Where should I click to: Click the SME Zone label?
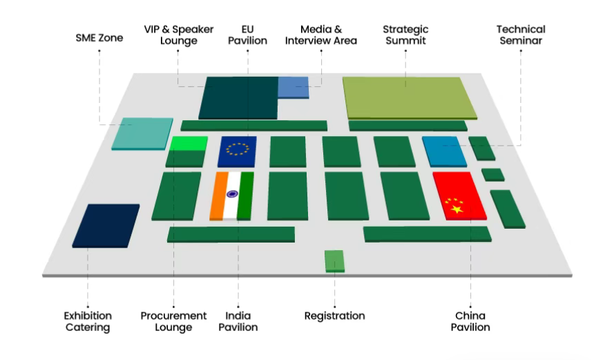(x=99, y=38)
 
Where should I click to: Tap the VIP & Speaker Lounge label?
(x=179, y=35)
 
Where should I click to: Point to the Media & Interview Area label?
(x=321, y=35)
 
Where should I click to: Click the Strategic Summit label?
(x=405, y=35)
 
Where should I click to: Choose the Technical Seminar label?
(x=521, y=35)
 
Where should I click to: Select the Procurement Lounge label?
(x=173, y=321)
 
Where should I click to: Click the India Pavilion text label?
(x=238, y=321)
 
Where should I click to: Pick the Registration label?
(x=334, y=316)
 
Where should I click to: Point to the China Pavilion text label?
(x=470, y=321)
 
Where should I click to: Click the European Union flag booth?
(x=238, y=151)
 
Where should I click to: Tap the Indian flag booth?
(x=232, y=196)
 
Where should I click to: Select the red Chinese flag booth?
(x=459, y=196)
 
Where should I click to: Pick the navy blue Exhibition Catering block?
(x=105, y=225)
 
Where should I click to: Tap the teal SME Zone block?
(x=143, y=133)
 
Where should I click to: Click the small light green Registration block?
(x=334, y=260)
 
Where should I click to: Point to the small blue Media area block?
(x=294, y=87)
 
